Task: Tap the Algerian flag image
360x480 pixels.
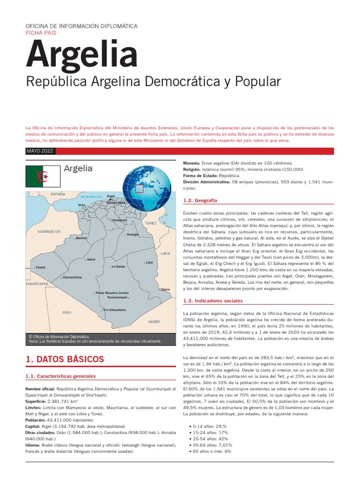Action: (43, 177)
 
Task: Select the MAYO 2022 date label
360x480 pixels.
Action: (40, 151)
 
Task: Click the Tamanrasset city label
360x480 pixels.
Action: (117, 297)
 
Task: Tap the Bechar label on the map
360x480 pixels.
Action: (82, 238)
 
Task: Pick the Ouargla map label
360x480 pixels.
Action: (133, 234)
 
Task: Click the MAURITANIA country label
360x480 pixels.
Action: (37, 284)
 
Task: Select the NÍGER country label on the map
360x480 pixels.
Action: (154, 322)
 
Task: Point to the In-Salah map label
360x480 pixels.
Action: (118, 266)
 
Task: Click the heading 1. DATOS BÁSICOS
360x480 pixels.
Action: (65, 360)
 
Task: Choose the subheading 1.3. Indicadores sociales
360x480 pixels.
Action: (213, 300)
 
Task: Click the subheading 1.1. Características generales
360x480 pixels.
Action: (60, 376)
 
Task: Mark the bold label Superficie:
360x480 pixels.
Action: (35, 402)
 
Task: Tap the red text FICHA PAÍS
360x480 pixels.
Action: (41, 34)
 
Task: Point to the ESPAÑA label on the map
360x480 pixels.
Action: (58, 194)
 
